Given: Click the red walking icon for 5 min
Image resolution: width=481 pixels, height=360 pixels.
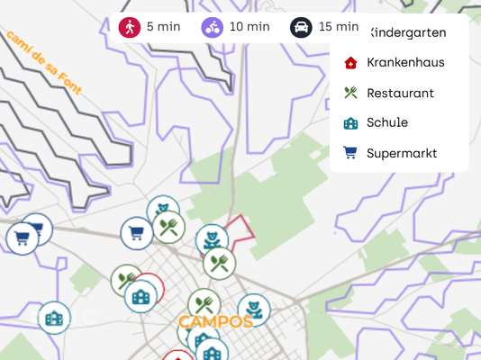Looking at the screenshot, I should [130, 27].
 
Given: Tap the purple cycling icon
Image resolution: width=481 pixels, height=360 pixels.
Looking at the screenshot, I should [213, 27].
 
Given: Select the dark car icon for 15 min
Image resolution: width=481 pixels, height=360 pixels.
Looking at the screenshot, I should [301, 27].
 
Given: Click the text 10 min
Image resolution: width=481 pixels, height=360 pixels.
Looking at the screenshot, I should [250, 27].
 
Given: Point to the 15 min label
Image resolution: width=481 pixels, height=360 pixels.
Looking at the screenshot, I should [338, 27].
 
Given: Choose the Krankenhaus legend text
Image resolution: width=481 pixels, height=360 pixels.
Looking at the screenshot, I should [405, 62].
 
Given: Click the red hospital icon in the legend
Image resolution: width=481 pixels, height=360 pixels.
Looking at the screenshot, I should [350, 63].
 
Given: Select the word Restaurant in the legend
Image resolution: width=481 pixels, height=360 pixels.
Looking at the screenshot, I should [400, 93].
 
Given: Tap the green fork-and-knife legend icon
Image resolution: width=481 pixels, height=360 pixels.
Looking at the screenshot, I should [350, 93].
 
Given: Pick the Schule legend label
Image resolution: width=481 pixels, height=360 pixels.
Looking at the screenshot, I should [387, 122].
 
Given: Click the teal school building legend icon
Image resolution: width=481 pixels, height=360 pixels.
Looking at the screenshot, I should [350, 123].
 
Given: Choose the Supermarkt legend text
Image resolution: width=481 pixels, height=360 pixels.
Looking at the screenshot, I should [402, 153].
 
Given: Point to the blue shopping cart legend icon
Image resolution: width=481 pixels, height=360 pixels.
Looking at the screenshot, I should [350, 153].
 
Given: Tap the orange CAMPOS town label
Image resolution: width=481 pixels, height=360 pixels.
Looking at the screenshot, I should [215, 321].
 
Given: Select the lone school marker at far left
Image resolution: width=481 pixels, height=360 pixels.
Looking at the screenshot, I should [54, 318].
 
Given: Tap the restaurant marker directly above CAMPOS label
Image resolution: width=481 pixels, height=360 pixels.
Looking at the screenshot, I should [204, 304].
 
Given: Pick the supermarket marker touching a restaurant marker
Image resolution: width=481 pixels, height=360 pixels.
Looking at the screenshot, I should [137, 233].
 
